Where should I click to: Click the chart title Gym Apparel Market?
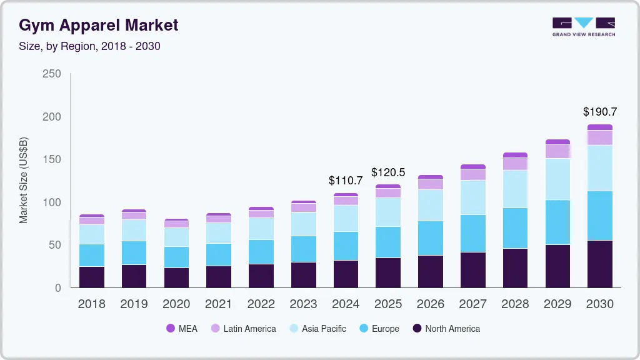coord(98,25)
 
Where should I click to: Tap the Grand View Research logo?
coord(583,26)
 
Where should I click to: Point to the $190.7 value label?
coord(599,112)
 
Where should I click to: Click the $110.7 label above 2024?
coord(346,181)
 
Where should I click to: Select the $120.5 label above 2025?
coord(388,172)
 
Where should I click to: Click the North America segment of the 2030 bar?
coord(600,264)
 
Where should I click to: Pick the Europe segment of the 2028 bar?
coord(515,228)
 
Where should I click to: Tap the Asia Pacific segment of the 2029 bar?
coord(557,179)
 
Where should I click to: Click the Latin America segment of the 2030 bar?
coord(600,137)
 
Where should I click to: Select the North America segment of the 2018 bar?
coord(92,277)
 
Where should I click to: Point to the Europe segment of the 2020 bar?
coord(176,257)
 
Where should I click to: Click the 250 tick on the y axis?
coord(52,74)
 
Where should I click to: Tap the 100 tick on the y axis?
coord(52,202)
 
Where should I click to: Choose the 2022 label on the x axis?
coord(261,304)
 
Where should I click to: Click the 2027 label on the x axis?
coord(472,304)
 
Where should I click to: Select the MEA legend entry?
coord(181,329)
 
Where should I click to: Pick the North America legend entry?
coord(446,329)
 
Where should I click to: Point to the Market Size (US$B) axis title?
coord(24,181)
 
